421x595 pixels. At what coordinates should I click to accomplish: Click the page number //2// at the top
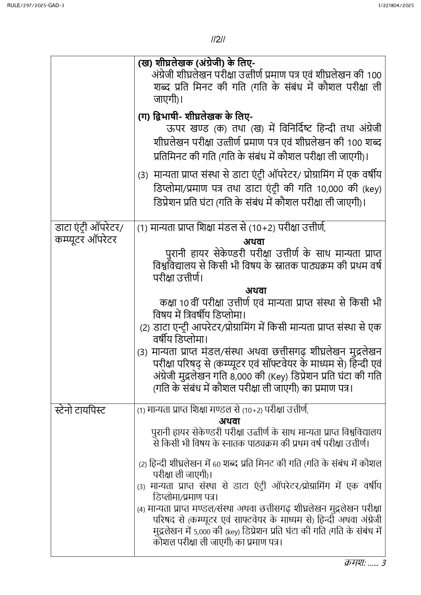click(x=218, y=40)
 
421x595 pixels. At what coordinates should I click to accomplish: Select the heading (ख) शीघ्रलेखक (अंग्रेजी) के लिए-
click(x=197, y=63)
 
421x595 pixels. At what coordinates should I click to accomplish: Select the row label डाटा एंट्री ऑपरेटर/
click(x=90, y=228)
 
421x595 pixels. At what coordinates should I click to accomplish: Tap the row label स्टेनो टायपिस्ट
click(x=80, y=410)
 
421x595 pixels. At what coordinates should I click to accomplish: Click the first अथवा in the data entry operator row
click(x=254, y=242)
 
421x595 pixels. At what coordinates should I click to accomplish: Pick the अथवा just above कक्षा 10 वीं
click(x=256, y=290)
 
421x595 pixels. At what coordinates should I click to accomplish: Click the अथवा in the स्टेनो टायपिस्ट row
click(x=229, y=421)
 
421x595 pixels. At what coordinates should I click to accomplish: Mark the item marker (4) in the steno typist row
click(x=141, y=509)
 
